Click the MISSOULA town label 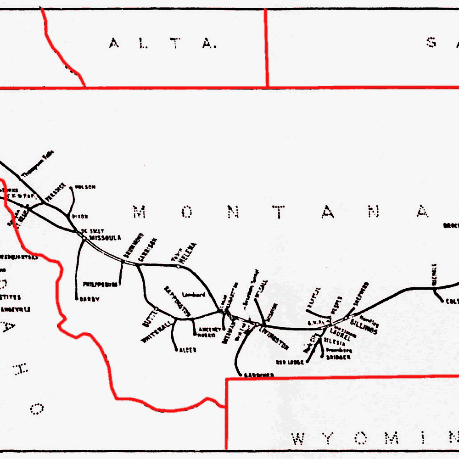click(106, 238)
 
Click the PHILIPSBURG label click(100, 285)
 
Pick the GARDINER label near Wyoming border click(259, 375)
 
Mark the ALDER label click(188, 350)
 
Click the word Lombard click(193, 294)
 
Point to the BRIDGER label click(338, 357)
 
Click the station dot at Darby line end click(76, 299)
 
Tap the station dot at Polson click(71, 187)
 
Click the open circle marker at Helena click(178, 266)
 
